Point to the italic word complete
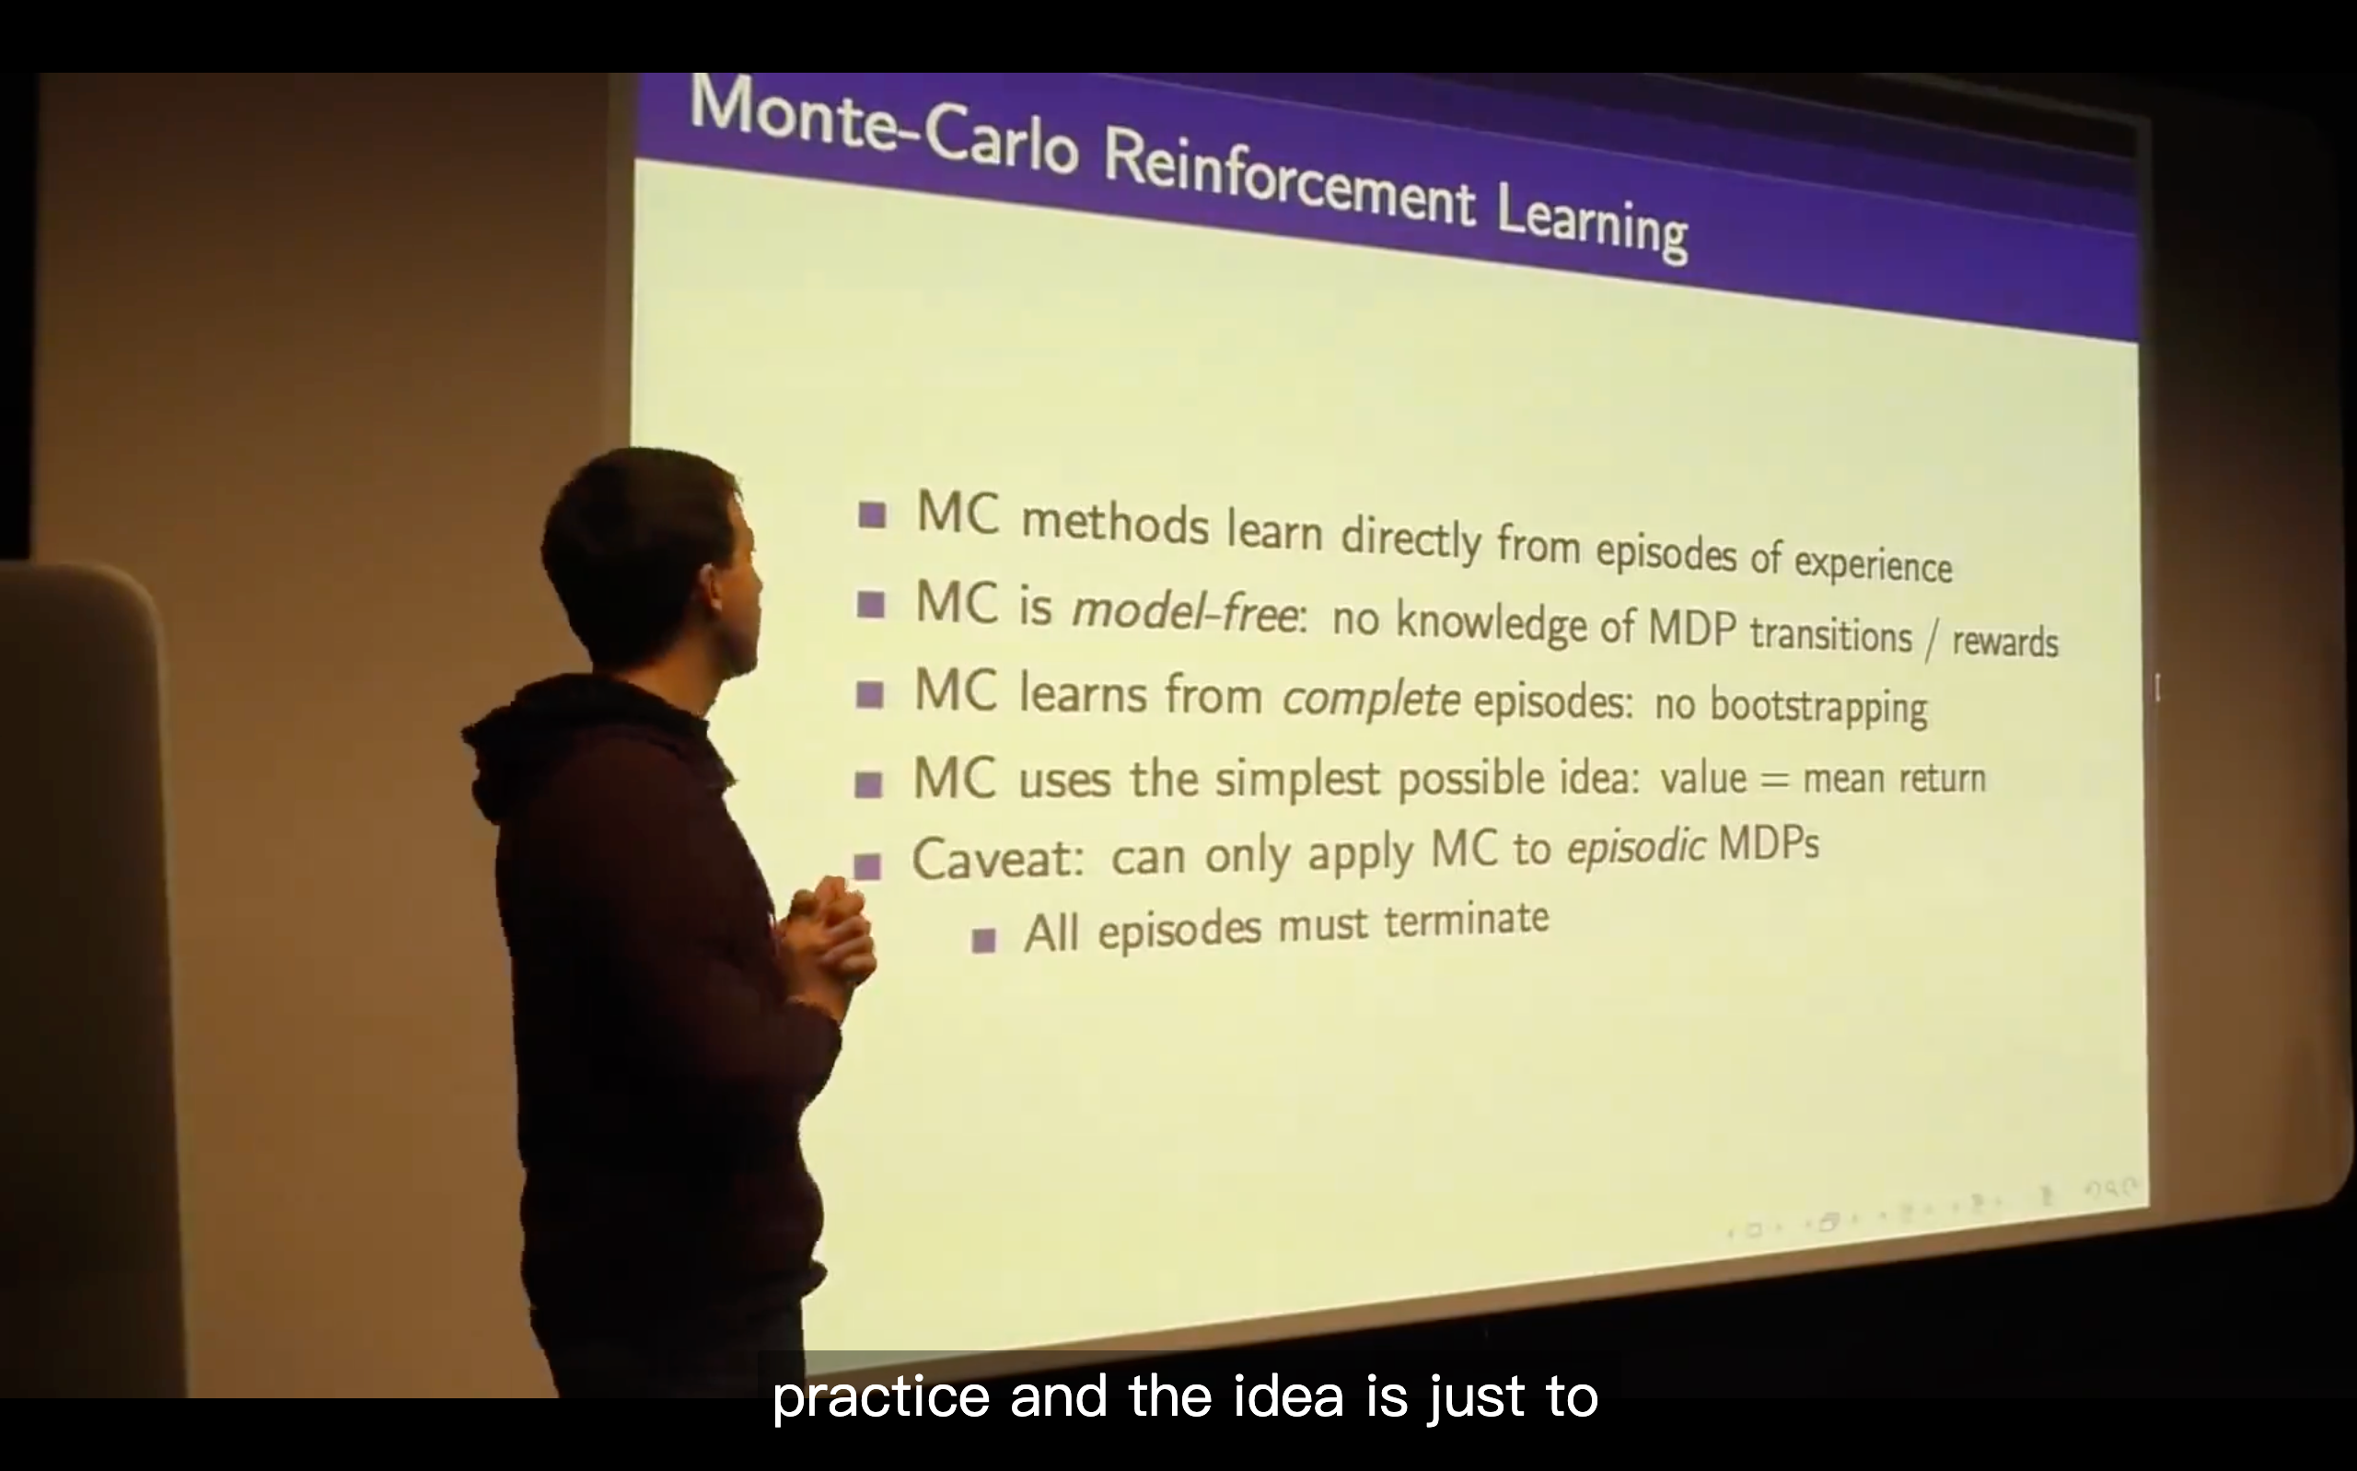1371,699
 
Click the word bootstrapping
1817,706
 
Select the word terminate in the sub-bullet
1466,919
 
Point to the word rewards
2005,641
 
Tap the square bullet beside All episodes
984,940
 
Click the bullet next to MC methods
873,515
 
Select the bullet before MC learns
870,695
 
